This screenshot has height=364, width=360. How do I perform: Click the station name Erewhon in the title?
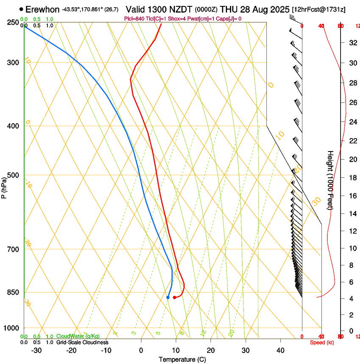pos(42,9)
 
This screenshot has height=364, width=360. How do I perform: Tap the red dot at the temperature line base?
pos(174,298)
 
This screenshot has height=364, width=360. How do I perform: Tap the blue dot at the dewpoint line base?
pos(168,298)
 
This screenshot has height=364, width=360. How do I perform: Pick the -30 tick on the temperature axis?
pos(36,350)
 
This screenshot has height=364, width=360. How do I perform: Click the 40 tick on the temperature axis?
pos(280,350)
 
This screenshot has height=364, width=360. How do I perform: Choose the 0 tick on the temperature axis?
pos(141,350)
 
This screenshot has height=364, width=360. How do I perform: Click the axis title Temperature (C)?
pos(182,360)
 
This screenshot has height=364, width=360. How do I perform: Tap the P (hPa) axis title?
pos(4,186)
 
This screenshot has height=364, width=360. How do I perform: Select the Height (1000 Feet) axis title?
pos(331,180)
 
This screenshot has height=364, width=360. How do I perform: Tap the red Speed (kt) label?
pos(322,342)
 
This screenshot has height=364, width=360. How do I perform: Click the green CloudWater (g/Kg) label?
pos(78,336)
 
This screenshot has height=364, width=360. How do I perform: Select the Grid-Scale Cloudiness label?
pos(82,342)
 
